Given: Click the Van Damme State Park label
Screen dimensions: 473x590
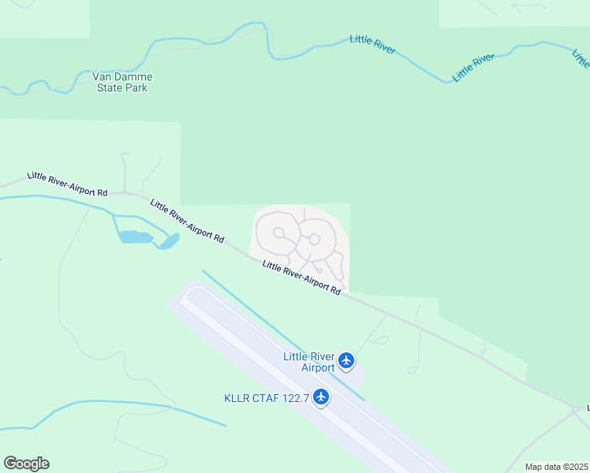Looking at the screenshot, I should point(121,82).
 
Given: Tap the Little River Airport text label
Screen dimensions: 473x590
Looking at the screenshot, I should point(308,362).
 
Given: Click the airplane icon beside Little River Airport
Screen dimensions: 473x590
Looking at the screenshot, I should point(345,361).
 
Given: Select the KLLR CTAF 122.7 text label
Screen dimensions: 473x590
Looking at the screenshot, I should point(266,397).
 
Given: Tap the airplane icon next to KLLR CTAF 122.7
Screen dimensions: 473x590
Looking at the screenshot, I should point(320,397).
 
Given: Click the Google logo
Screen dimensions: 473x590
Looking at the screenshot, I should point(26,464).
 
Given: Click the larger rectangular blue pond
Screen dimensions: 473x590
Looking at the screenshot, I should point(134,236).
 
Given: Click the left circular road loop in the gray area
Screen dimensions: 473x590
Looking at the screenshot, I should point(278,233).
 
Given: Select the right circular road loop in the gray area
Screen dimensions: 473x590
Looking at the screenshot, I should point(314,239).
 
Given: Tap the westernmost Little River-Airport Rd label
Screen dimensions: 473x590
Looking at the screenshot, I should point(67,184).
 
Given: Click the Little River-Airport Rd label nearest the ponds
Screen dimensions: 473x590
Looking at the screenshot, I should point(187,221).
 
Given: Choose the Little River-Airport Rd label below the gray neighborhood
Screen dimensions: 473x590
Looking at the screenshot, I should point(301,277).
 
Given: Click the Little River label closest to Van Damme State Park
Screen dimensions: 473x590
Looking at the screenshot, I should point(372,45).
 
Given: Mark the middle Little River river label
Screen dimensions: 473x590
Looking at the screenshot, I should point(473,68).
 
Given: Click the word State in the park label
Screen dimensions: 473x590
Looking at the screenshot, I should point(110,88).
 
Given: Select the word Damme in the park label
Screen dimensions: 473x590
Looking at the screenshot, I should point(133,76).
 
